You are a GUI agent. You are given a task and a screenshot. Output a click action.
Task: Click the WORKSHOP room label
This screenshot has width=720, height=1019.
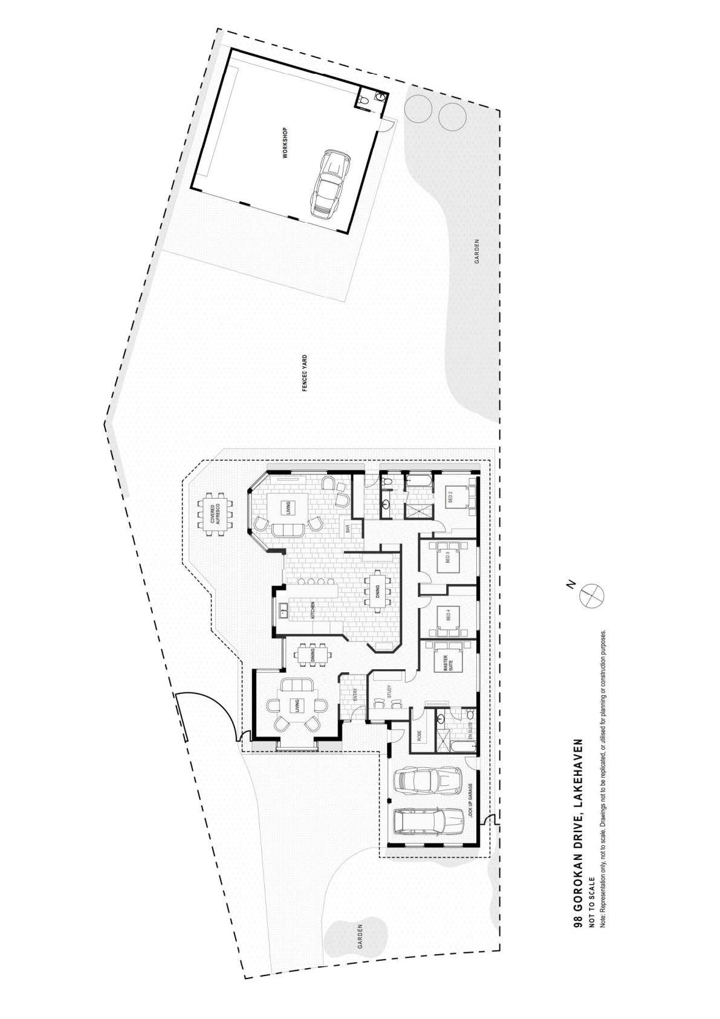[x=285, y=143]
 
